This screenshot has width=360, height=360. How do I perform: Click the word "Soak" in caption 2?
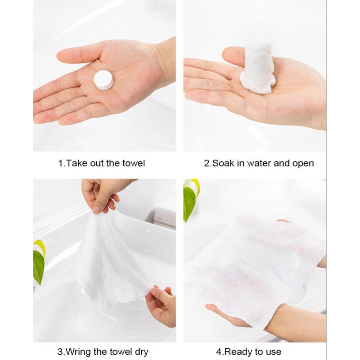[223, 163]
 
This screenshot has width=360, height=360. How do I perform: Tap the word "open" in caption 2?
[303, 163]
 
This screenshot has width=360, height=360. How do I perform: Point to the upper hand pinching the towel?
[101, 193]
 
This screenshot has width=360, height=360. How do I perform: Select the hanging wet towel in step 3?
[112, 261]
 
